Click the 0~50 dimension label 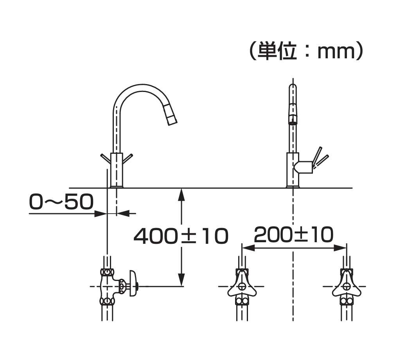coord(61,202)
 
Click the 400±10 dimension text coord(181,236)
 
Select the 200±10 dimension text coord(294,235)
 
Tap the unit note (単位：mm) coord(307,51)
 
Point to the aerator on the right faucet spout coord(293,120)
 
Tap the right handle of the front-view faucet coord(128,158)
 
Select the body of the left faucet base coord(117,170)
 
